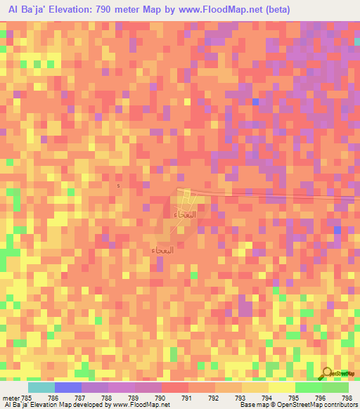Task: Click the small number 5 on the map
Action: click(119, 186)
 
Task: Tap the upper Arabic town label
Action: click(184, 214)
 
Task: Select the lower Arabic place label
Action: click(162, 249)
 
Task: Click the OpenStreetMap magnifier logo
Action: click(328, 374)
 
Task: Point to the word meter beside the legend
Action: click(9, 398)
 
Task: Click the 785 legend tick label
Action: click(27, 398)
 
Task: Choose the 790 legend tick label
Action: click(161, 398)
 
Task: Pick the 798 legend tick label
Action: click(347, 398)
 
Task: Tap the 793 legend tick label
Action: click(241, 398)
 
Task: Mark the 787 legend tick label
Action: click(81, 398)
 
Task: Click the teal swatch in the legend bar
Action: click(41, 387)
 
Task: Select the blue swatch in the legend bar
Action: click(67, 387)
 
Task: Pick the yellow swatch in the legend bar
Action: click(281, 387)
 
